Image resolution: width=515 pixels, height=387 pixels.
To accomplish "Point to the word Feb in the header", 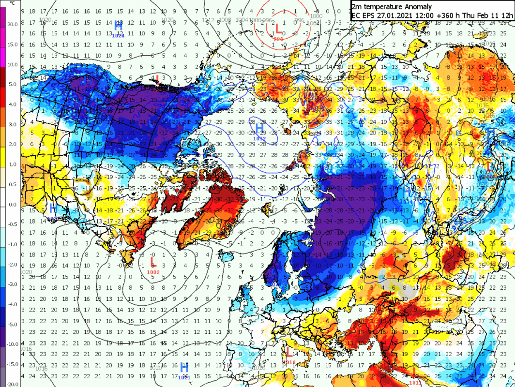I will point(481,15).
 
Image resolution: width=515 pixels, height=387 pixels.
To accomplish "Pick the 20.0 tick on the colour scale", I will point(12,24).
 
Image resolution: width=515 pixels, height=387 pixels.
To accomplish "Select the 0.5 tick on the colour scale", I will point(12,184).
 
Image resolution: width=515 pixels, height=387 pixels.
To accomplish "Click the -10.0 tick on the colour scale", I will point(12,344).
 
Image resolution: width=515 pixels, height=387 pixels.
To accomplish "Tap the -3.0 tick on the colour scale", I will point(12,284).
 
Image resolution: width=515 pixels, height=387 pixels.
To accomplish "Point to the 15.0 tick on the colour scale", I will point(12,45).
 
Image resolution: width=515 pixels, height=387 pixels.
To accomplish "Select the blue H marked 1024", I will point(118,25).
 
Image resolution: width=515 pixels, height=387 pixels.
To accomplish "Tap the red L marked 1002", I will point(153,262).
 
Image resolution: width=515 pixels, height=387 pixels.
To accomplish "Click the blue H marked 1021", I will point(184,367).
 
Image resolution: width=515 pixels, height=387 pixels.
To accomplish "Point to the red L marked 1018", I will point(289,353).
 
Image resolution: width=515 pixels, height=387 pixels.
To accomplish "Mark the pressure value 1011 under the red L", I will point(415,383).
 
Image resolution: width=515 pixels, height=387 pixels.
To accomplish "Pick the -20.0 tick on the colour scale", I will point(12,384).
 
